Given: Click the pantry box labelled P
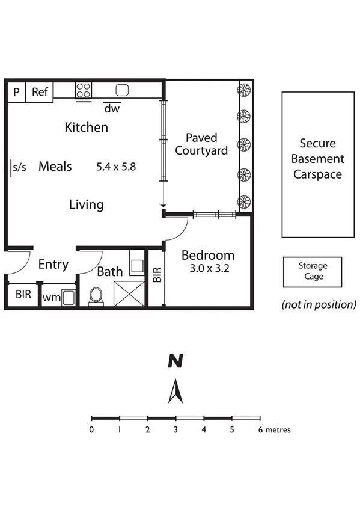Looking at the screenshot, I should (16, 92).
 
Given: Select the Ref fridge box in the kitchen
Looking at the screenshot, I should (40, 92).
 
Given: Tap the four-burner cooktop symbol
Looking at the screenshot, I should (84, 91).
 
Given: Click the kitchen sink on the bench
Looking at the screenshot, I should (122, 91).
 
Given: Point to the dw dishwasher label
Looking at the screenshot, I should (111, 109).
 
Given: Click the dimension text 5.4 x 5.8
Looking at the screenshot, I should (116, 167).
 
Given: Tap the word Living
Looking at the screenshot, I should (86, 205).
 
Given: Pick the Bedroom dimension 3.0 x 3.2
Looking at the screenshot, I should (206, 268).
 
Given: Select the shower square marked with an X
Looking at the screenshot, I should (127, 293).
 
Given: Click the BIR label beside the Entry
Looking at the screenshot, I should (23, 295).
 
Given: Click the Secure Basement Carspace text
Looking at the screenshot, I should (318, 159).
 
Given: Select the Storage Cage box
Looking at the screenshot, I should (313, 271).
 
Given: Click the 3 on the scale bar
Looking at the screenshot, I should (175, 430).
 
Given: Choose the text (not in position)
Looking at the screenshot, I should (319, 304).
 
